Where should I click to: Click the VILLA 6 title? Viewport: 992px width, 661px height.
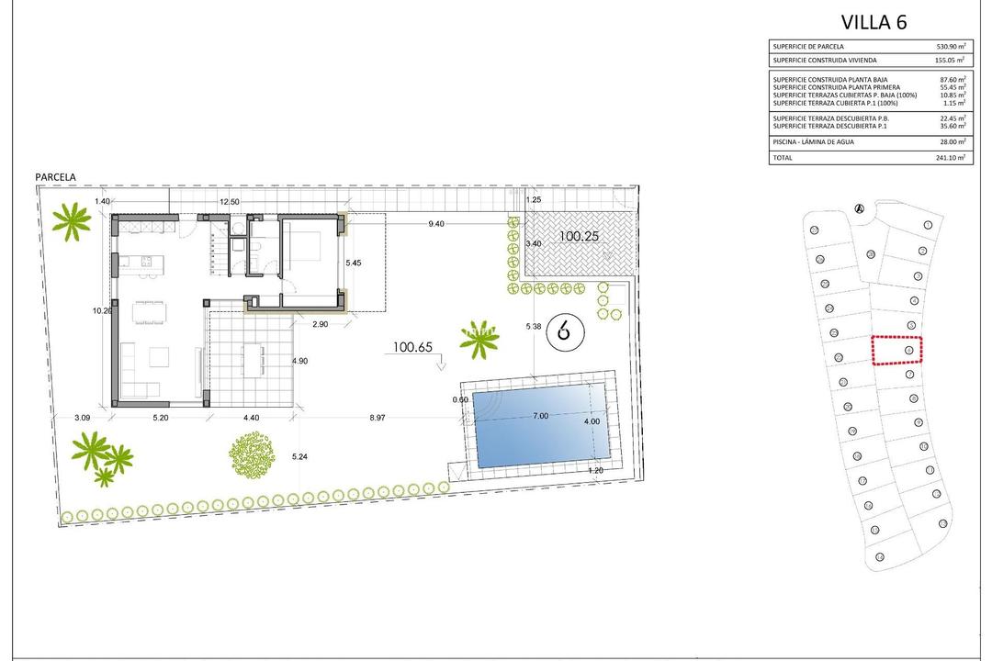(x=874, y=23)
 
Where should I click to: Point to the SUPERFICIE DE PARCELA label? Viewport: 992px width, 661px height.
(x=808, y=46)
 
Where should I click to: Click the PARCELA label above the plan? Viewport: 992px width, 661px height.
(x=55, y=176)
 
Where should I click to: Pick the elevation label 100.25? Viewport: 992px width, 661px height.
(x=580, y=236)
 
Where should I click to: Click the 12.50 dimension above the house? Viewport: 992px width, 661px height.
(x=229, y=202)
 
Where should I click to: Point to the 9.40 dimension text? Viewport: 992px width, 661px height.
(x=436, y=223)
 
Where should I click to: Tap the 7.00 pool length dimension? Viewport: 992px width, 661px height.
(x=540, y=416)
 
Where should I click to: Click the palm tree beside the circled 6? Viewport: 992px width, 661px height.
(x=479, y=342)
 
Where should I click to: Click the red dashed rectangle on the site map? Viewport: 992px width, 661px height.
(x=896, y=350)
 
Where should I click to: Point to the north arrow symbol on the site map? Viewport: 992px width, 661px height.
(x=860, y=207)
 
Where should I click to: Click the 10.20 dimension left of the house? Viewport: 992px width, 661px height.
(x=102, y=310)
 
